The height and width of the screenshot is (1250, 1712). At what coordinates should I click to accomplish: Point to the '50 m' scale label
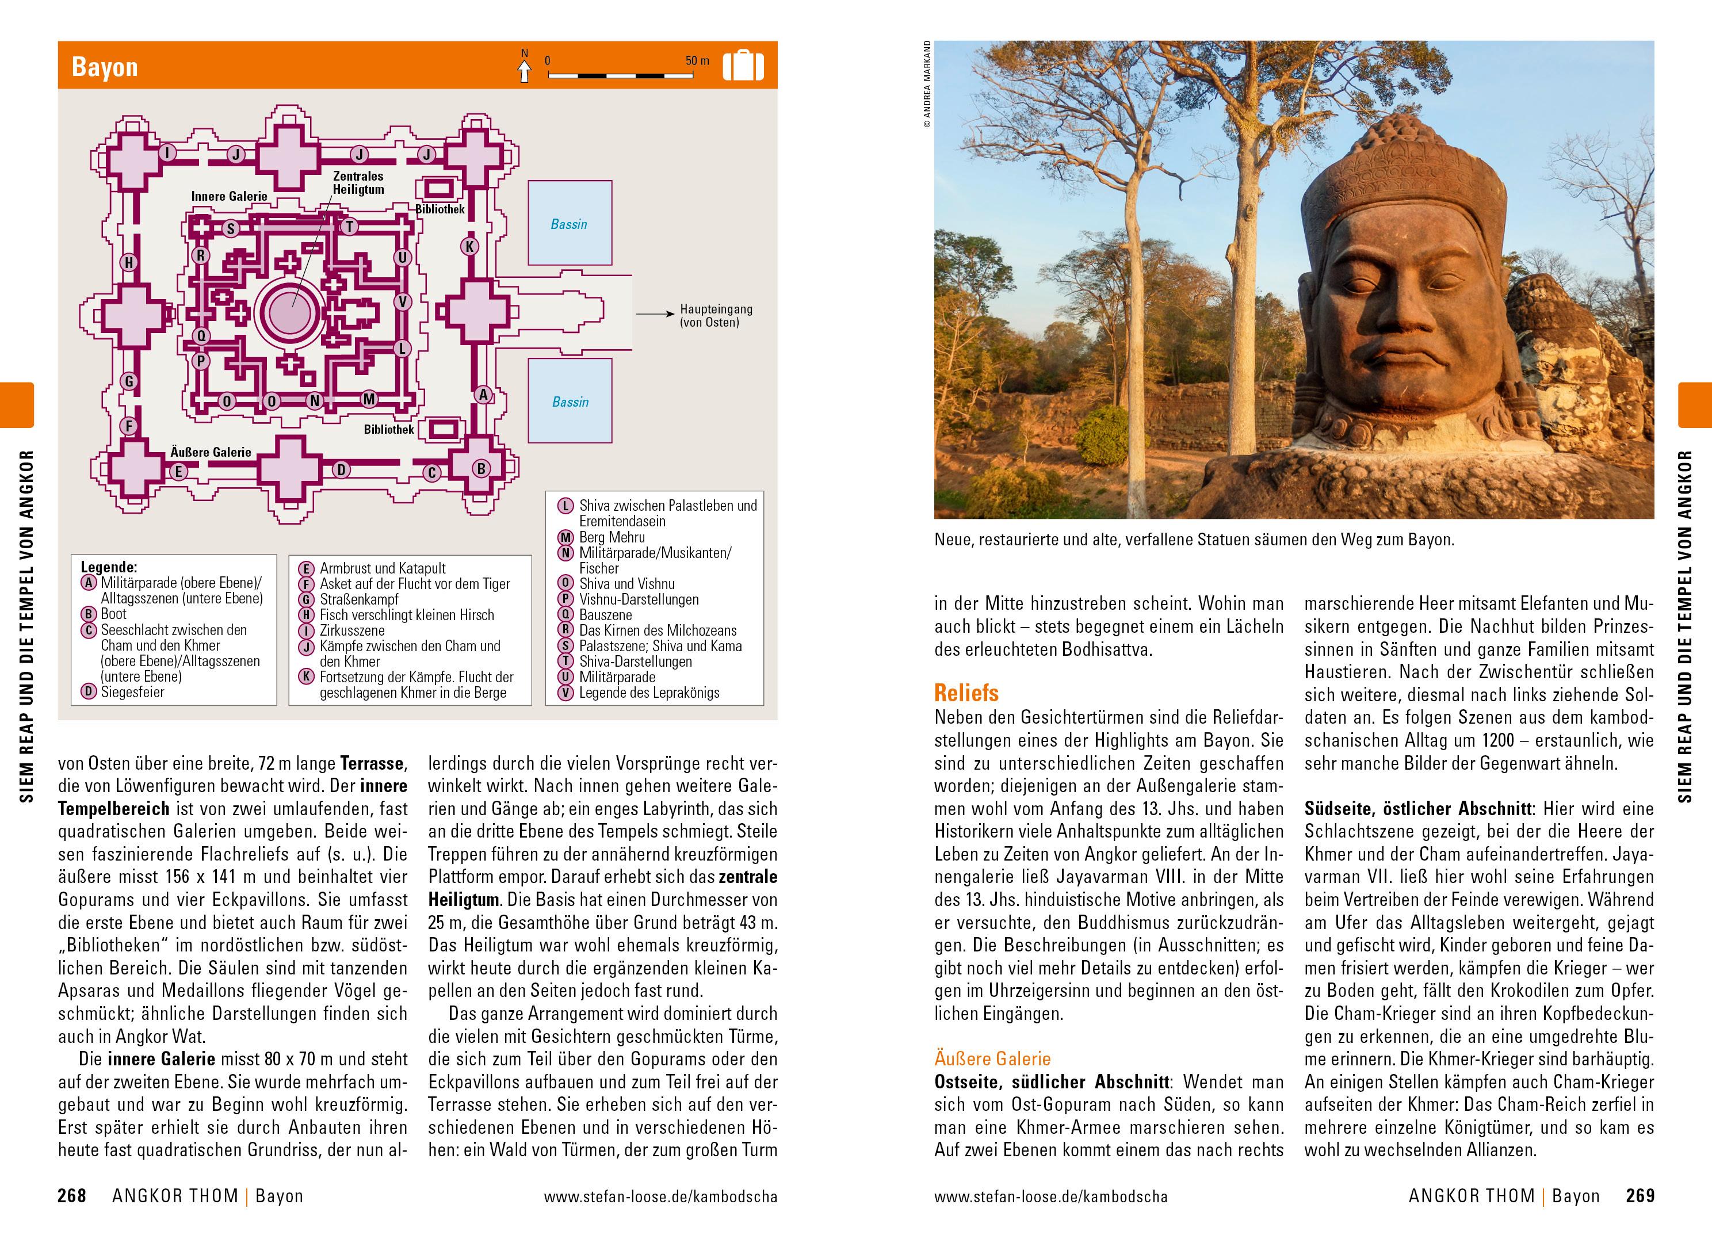tap(697, 60)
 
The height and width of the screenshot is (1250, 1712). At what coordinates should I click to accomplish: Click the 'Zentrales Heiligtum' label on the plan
tap(358, 183)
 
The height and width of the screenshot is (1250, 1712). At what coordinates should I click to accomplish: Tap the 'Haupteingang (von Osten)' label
tap(716, 316)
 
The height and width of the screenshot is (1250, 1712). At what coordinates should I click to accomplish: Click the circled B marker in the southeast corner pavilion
tap(481, 468)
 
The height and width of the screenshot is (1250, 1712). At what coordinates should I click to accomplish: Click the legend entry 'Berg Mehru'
tap(612, 537)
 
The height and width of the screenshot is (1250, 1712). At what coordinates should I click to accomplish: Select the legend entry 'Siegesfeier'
tap(132, 691)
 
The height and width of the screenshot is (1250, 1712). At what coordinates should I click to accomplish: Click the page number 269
tap(1640, 1197)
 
